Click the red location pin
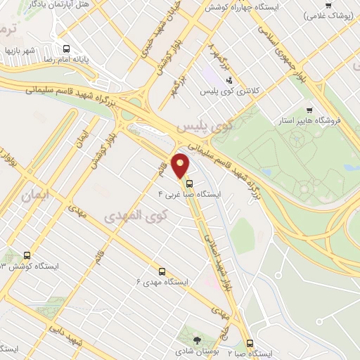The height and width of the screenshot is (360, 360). pyautogui.click(x=181, y=166)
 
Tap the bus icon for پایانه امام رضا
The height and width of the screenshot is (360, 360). pyautogui.click(x=66, y=49)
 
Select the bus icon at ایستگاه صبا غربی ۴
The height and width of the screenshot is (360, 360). pyautogui.click(x=188, y=184)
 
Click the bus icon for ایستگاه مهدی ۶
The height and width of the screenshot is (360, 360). pyautogui.click(x=162, y=270)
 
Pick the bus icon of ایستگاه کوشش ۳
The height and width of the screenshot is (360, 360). pyautogui.click(x=27, y=255)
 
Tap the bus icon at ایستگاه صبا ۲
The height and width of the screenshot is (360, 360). pyautogui.click(x=250, y=343)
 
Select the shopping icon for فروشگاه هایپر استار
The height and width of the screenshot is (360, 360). pyautogui.click(x=309, y=110)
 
